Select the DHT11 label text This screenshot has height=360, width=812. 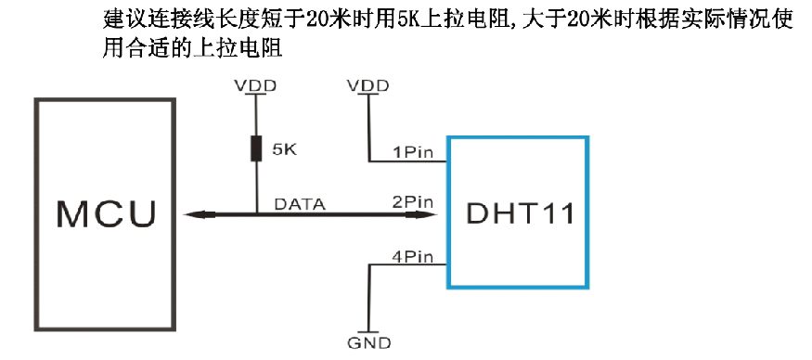pos(519,214)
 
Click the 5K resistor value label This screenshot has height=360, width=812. pos(284,148)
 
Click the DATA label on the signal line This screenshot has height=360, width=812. pos(301,204)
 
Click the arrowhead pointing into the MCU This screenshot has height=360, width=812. pos(192,215)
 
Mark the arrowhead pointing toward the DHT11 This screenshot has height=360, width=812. pos(430,215)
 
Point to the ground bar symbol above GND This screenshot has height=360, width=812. pos(368,331)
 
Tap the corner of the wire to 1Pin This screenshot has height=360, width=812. pos(368,161)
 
